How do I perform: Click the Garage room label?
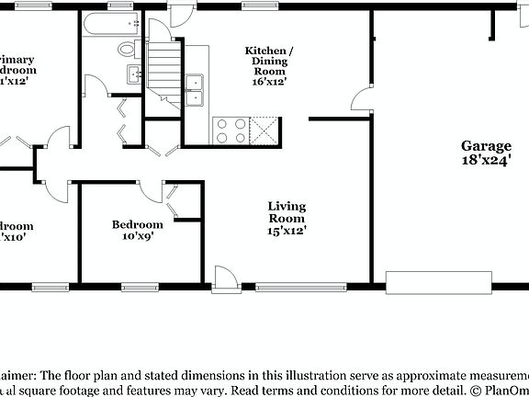tap(486, 146)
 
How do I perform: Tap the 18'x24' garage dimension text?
tap(486, 161)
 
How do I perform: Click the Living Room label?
tap(287, 212)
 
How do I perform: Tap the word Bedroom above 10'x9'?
tap(138, 224)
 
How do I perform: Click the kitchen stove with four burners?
tap(229, 131)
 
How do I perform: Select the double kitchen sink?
tap(195, 88)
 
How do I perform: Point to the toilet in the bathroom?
tap(127, 49)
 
